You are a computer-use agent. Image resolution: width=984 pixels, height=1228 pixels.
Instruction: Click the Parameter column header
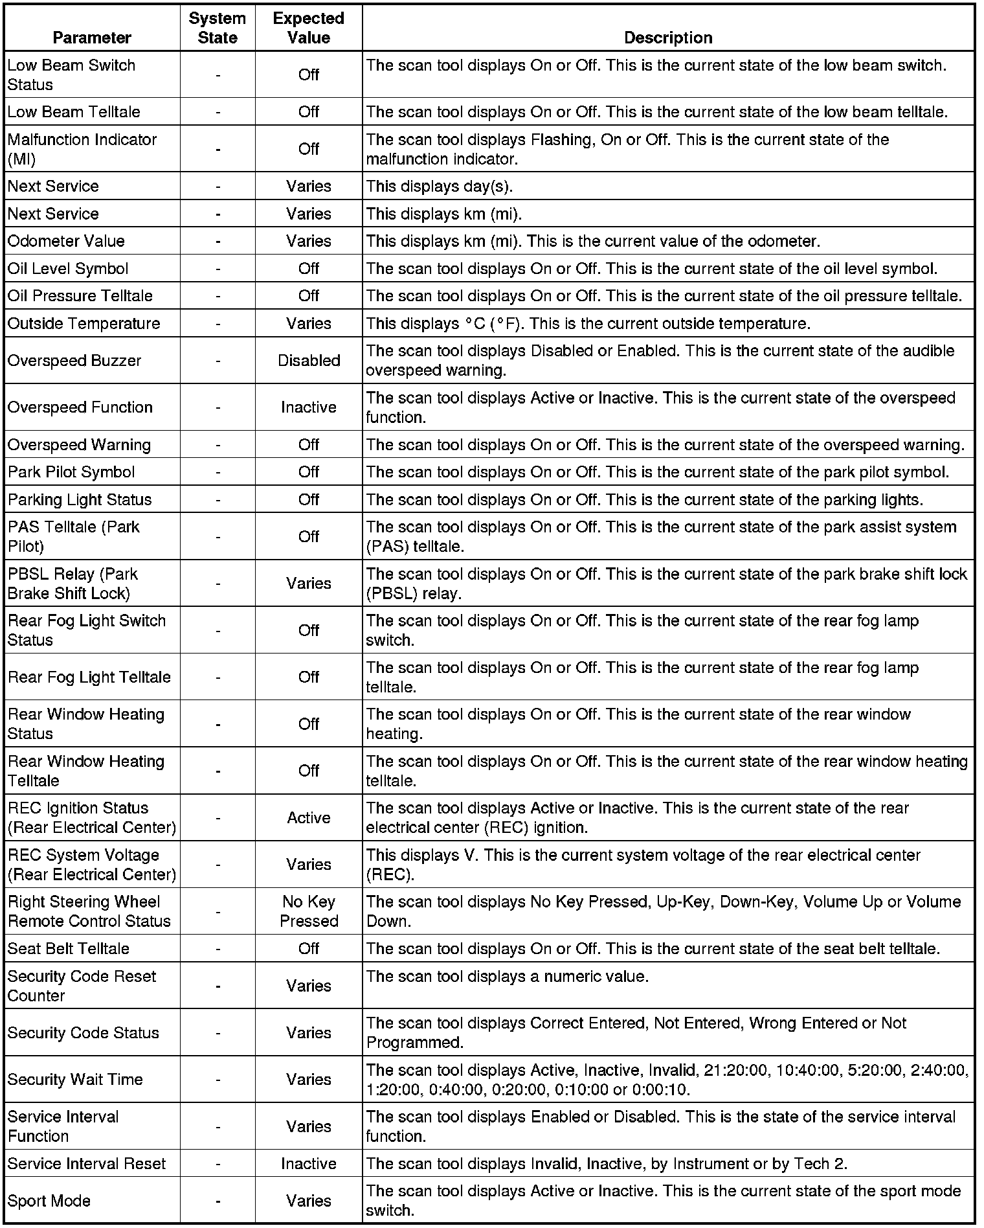tap(92, 38)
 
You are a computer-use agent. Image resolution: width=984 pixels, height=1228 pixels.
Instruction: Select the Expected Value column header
tap(309, 28)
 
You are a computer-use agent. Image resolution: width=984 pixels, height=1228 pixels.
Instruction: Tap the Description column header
tap(668, 38)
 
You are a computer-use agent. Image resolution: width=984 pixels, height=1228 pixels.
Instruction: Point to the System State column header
tap(218, 28)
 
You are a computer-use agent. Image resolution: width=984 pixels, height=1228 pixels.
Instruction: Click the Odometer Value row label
tap(66, 241)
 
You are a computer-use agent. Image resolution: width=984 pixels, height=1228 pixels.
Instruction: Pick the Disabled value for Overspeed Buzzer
tap(309, 361)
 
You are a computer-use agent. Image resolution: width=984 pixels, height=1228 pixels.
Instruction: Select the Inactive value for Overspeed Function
tap(309, 407)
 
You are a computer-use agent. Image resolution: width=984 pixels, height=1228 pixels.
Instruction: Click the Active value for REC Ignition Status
tap(309, 818)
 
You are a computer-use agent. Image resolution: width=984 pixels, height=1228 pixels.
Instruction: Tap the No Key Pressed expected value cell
tap(309, 911)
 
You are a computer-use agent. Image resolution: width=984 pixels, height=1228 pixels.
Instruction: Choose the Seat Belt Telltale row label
tap(69, 949)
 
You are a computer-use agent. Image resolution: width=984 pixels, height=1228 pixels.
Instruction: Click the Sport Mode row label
tap(49, 1201)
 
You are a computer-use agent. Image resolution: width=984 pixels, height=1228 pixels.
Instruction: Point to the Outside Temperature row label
tap(84, 323)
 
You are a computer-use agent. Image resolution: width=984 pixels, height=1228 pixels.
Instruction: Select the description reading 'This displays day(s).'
tap(440, 187)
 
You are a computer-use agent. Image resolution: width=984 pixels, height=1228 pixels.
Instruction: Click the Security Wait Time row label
tap(75, 1080)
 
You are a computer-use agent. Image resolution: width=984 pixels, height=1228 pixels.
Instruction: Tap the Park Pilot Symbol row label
tap(71, 472)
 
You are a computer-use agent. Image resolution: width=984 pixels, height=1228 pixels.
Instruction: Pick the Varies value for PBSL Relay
tap(309, 584)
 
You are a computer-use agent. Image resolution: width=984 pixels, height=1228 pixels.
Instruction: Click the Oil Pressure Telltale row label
tap(80, 296)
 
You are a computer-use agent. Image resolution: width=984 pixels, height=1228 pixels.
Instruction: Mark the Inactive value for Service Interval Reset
tap(309, 1164)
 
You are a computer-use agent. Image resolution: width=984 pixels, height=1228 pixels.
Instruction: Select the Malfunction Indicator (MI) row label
tap(82, 149)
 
